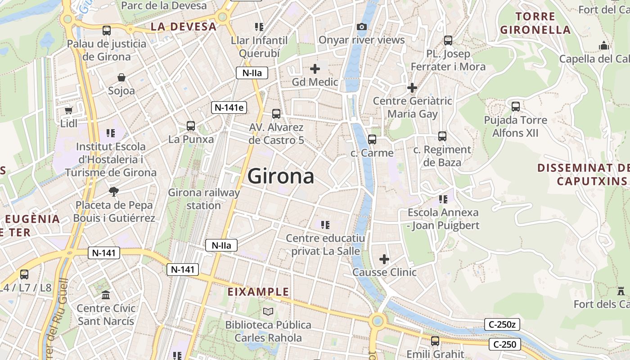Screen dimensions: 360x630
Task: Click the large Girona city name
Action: point(281,176)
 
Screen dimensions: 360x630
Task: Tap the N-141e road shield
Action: point(229,107)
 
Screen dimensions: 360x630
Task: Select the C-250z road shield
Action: point(502,324)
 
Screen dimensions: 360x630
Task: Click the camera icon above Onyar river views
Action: point(361,27)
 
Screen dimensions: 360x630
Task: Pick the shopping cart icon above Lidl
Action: point(68,110)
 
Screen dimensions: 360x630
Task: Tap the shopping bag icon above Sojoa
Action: point(121,77)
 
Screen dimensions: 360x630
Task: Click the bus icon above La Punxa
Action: point(191,126)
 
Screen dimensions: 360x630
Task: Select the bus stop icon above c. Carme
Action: point(372,139)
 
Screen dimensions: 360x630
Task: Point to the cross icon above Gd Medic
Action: point(315,69)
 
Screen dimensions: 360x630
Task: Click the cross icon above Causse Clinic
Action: point(384,259)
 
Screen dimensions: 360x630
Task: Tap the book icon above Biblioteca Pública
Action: point(268,311)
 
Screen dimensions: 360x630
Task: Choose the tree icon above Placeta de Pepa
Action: point(114,192)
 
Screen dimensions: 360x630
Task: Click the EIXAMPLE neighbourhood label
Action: point(258,292)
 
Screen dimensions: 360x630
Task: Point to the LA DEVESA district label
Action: point(184,27)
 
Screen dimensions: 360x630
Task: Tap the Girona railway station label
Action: point(204,199)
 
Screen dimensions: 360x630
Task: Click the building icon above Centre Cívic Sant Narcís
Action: point(106,295)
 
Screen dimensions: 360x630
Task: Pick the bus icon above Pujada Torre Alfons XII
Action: point(516,107)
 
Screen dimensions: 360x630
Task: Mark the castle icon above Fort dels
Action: point(621,291)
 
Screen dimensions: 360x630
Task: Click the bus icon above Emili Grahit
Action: point(435,341)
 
